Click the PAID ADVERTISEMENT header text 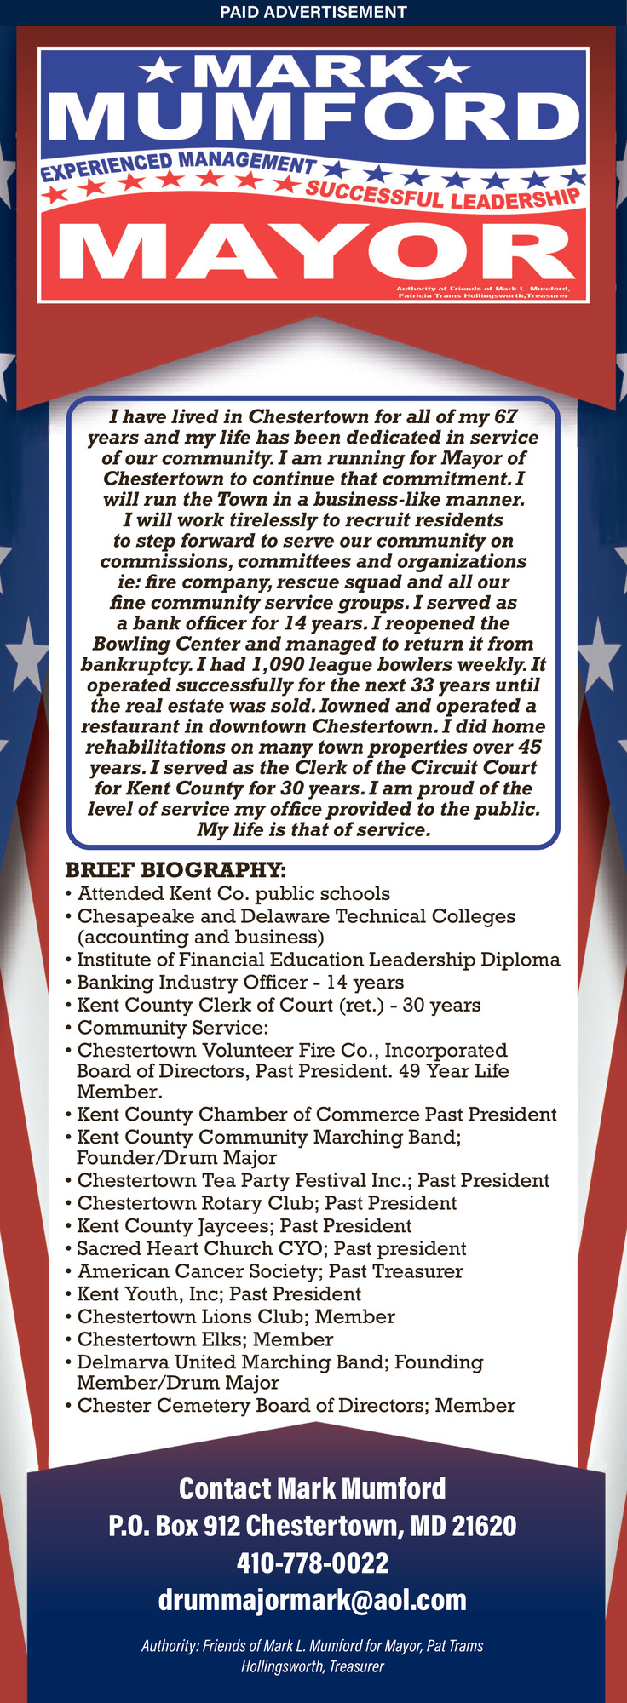point(313,12)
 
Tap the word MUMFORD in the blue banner point(313,115)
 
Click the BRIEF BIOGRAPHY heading point(175,869)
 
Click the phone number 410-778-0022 point(313,1563)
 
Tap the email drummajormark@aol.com point(313,1599)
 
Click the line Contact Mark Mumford point(313,1488)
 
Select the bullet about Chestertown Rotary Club point(267,1202)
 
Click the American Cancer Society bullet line point(270,1270)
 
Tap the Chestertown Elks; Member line point(204,1339)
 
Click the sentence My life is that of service point(313,829)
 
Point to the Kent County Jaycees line point(244,1225)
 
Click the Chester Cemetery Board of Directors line point(296,1405)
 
